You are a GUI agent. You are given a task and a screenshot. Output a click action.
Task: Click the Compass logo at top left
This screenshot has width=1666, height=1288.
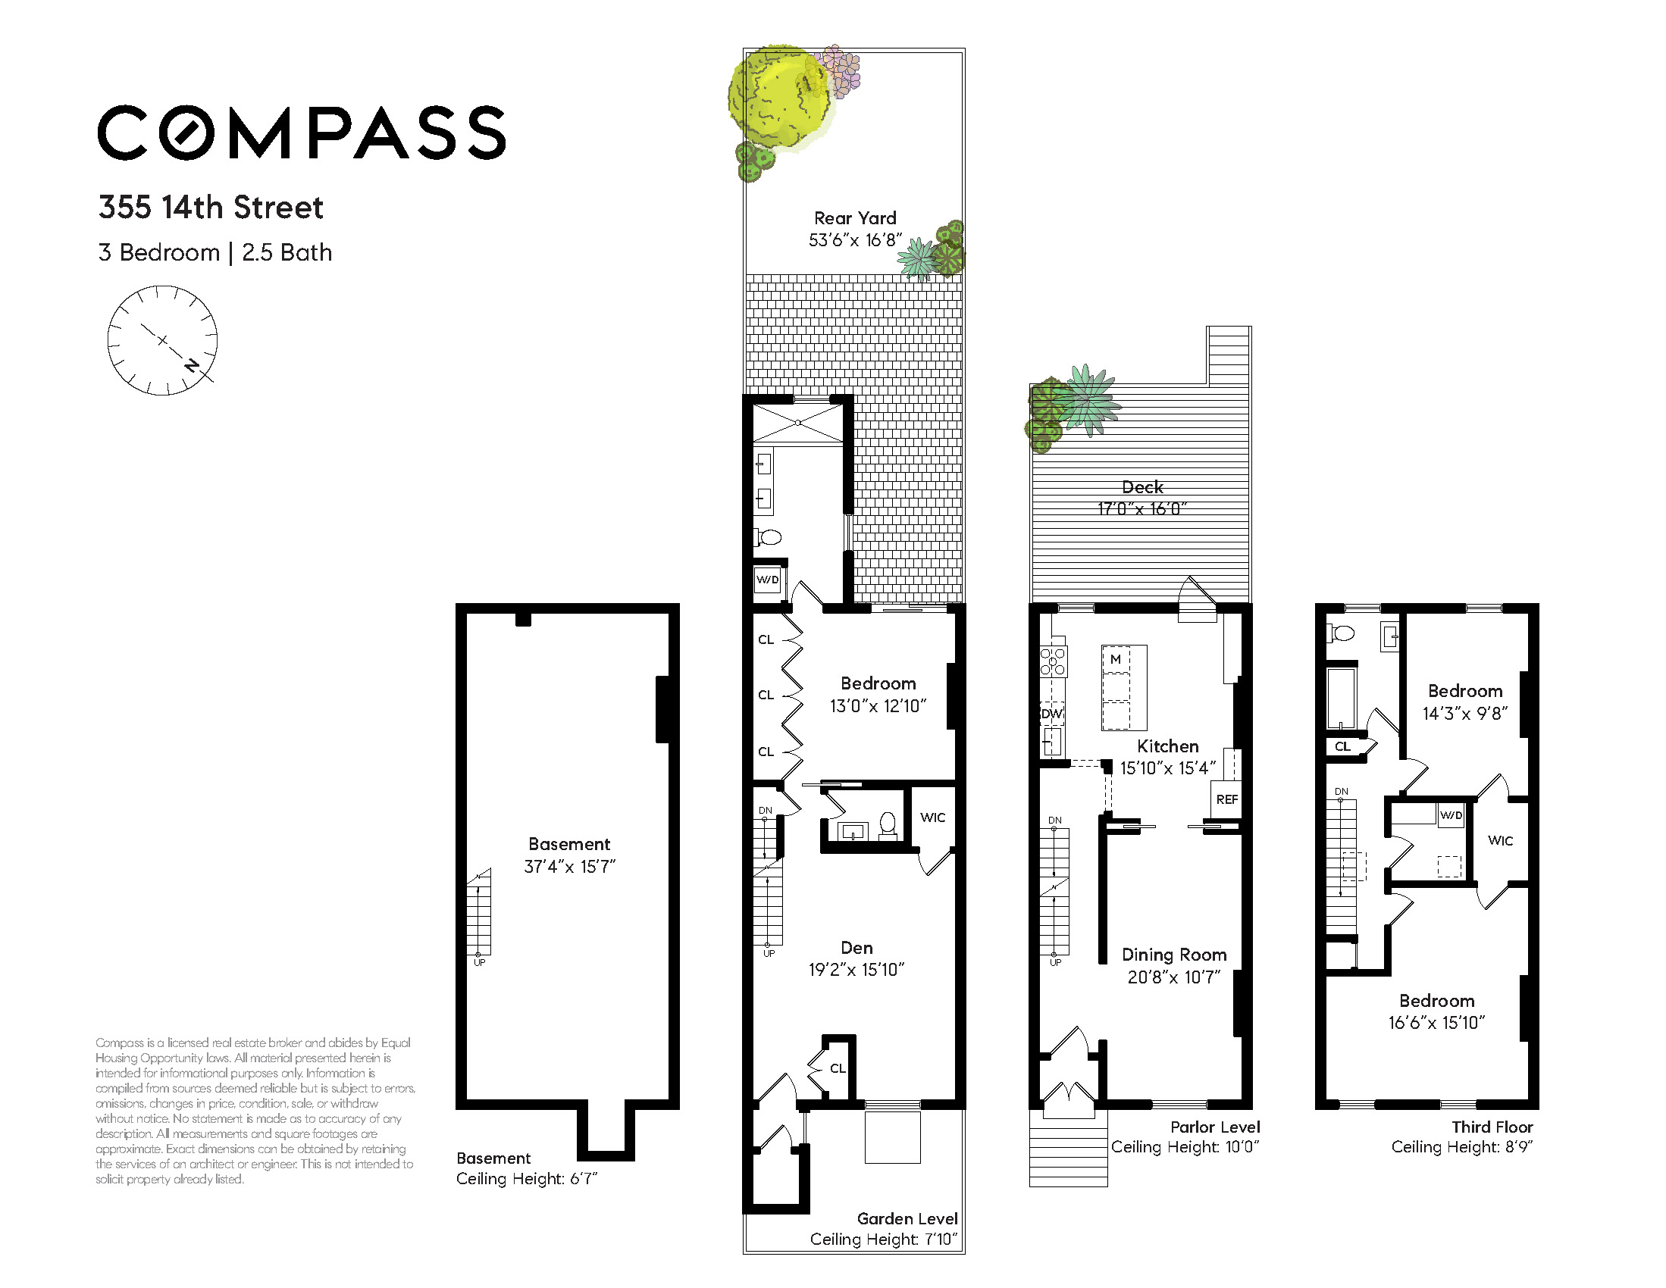[x=302, y=133]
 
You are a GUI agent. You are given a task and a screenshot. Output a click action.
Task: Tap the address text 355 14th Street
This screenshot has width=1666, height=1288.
[x=211, y=208]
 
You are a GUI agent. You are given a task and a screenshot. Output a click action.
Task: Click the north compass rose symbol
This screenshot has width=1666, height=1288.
[x=162, y=340]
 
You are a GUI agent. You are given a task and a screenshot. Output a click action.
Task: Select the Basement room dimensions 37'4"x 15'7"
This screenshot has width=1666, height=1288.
[x=569, y=867]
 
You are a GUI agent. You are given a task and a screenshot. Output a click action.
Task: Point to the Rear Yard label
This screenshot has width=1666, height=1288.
[x=855, y=218]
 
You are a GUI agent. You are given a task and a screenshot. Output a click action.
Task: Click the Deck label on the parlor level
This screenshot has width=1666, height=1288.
[x=1142, y=487]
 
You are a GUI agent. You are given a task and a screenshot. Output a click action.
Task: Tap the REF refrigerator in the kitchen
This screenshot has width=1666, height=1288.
[x=1226, y=799]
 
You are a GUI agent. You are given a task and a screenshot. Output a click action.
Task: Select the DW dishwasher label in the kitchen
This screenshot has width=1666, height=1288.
[x=1052, y=714]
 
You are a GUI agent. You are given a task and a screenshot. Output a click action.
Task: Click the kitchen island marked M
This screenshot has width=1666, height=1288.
[x=1123, y=687]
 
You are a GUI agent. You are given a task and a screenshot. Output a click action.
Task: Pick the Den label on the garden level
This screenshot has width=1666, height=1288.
[x=856, y=948]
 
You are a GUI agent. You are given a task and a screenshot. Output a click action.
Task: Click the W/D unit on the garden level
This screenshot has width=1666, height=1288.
[x=768, y=580]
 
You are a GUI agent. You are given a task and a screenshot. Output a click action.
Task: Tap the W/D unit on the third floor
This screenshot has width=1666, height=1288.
[x=1451, y=815]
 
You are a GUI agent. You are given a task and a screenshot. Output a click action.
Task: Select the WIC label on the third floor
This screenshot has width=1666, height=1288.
[x=1500, y=840]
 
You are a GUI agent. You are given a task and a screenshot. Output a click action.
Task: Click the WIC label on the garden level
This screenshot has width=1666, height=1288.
[x=932, y=818]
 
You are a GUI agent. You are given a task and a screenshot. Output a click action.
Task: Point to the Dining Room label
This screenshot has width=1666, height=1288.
[x=1174, y=955]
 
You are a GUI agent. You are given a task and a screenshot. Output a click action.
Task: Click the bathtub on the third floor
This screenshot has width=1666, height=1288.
[x=1342, y=699]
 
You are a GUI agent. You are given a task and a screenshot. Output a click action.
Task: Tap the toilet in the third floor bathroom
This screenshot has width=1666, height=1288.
[x=1340, y=633]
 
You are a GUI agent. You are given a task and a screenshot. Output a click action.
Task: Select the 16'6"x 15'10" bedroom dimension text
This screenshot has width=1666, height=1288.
[x=1436, y=1023]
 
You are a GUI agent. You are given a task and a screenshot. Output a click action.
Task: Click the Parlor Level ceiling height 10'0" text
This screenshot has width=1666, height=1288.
[x=1185, y=1147]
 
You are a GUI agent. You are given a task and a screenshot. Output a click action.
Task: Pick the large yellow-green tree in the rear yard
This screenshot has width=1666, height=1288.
[x=778, y=98]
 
